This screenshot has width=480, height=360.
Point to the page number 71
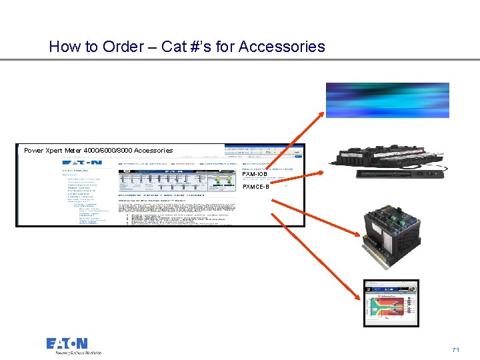[456, 349]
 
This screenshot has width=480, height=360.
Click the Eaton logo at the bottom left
[67, 343]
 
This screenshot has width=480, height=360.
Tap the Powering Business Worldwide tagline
[74, 353]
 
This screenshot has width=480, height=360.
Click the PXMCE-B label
[256, 187]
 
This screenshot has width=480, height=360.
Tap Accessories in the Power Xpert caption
[152, 151]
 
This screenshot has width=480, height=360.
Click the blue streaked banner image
[387, 100]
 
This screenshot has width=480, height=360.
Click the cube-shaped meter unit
[391, 230]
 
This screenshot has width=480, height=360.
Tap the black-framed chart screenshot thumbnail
[391, 303]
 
